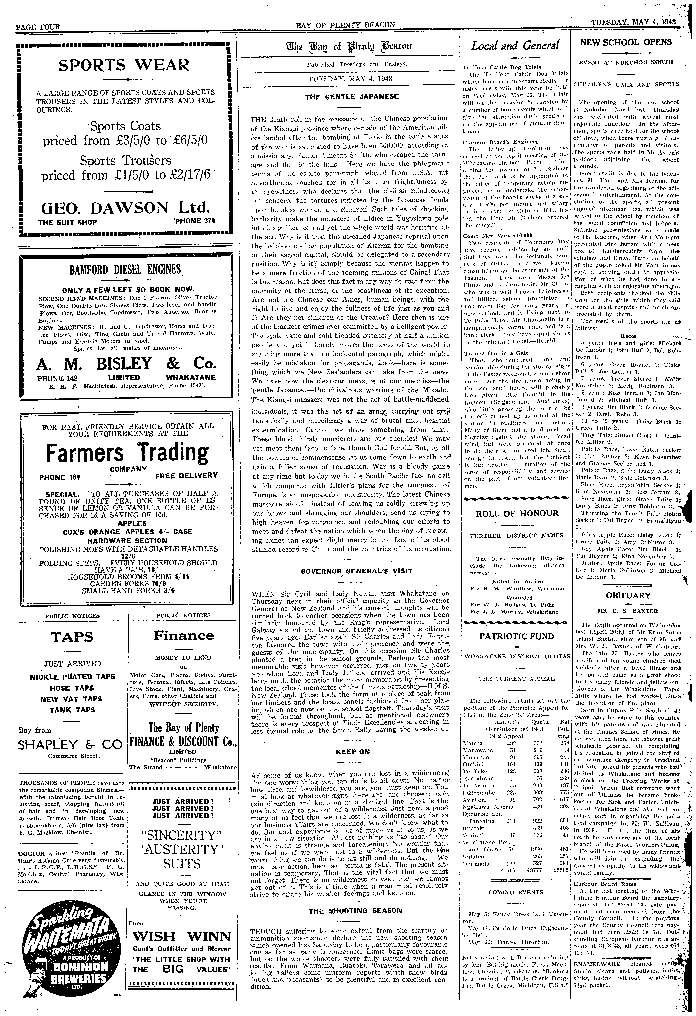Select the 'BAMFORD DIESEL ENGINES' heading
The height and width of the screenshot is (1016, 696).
125,268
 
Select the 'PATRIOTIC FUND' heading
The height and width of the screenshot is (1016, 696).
517,636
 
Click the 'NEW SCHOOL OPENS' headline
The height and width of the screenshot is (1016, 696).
626,42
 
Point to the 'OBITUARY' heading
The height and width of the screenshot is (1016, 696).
628,595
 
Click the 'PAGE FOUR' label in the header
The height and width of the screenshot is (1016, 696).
38,38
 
